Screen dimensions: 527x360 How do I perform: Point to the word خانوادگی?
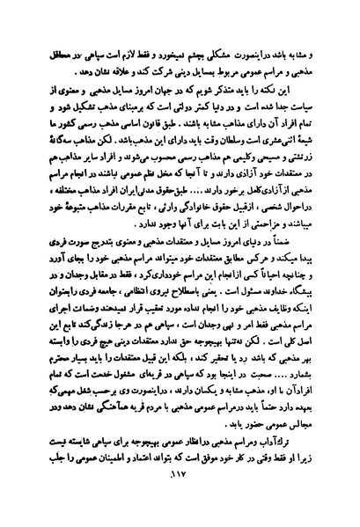point(206,202)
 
